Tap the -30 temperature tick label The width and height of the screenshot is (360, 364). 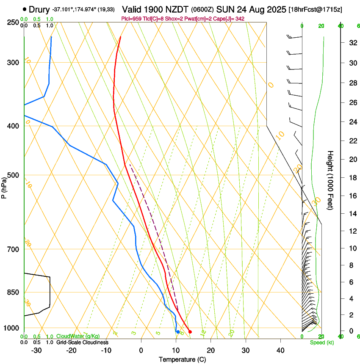point(36,350)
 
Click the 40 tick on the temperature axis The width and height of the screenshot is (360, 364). point(280,350)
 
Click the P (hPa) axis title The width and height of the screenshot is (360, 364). point(4,186)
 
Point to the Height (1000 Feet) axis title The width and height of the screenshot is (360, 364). point(330,180)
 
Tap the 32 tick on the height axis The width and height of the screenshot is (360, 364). point(352,43)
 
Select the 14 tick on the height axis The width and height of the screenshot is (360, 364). point(352,214)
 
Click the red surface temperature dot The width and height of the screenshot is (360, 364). point(190,332)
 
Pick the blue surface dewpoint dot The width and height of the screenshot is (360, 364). point(178,332)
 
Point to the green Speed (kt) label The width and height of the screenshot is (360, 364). point(320,342)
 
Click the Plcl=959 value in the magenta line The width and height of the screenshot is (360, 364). point(132,19)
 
